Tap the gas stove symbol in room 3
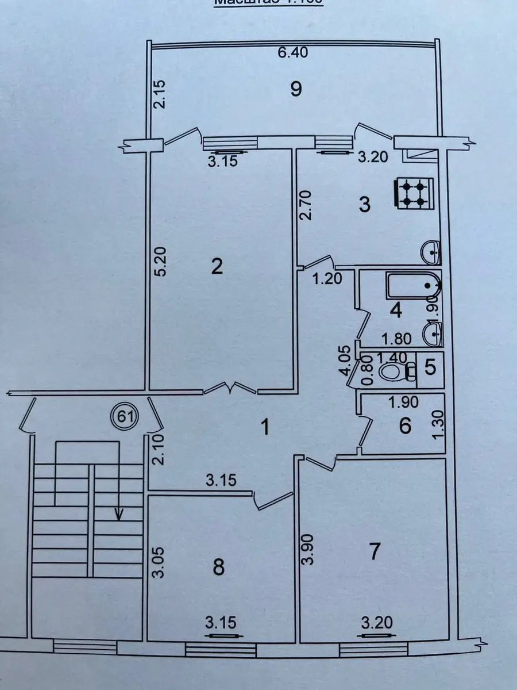411,193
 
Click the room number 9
296,89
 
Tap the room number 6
405,426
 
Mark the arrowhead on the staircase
119,514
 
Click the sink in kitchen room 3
430,251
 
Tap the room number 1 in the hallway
265,428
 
